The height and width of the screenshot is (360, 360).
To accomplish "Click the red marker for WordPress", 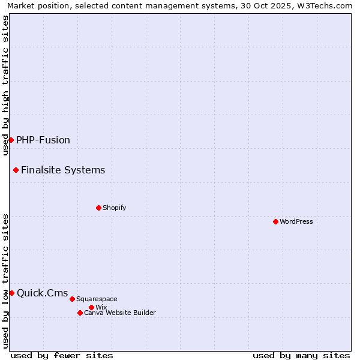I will (x=275, y=221).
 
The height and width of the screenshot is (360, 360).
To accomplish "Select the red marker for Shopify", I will (x=98, y=208).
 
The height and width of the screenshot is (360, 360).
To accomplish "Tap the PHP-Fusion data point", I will (x=11, y=140).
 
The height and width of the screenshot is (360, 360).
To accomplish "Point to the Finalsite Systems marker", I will (x=16, y=170).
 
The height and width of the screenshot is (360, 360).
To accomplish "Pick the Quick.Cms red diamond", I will (x=11, y=293).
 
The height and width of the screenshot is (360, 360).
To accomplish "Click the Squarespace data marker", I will (x=72, y=299).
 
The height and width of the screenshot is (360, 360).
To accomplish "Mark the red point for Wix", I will (x=91, y=307).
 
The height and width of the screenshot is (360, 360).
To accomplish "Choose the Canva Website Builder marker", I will (x=80, y=313).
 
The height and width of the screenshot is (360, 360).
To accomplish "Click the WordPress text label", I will (x=296, y=221).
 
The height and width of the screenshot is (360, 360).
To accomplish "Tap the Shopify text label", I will (x=114, y=208).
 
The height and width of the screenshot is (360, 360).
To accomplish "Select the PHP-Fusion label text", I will (x=43, y=140).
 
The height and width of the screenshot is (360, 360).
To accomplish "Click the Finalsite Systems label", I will (x=63, y=170).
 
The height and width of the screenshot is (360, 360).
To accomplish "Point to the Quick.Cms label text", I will (x=43, y=293).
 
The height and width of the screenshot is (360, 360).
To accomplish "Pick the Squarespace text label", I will (x=97, y=299).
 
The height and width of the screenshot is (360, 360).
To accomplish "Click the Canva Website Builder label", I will (x=120, y=313).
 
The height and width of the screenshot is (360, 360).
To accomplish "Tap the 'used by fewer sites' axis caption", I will (x=62, y=355).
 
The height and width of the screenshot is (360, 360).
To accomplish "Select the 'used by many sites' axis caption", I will (x=301, y=355).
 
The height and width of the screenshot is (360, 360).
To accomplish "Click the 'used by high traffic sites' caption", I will (x=5, y=85).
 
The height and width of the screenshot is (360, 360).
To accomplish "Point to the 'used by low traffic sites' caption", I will (x=5, y=281).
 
